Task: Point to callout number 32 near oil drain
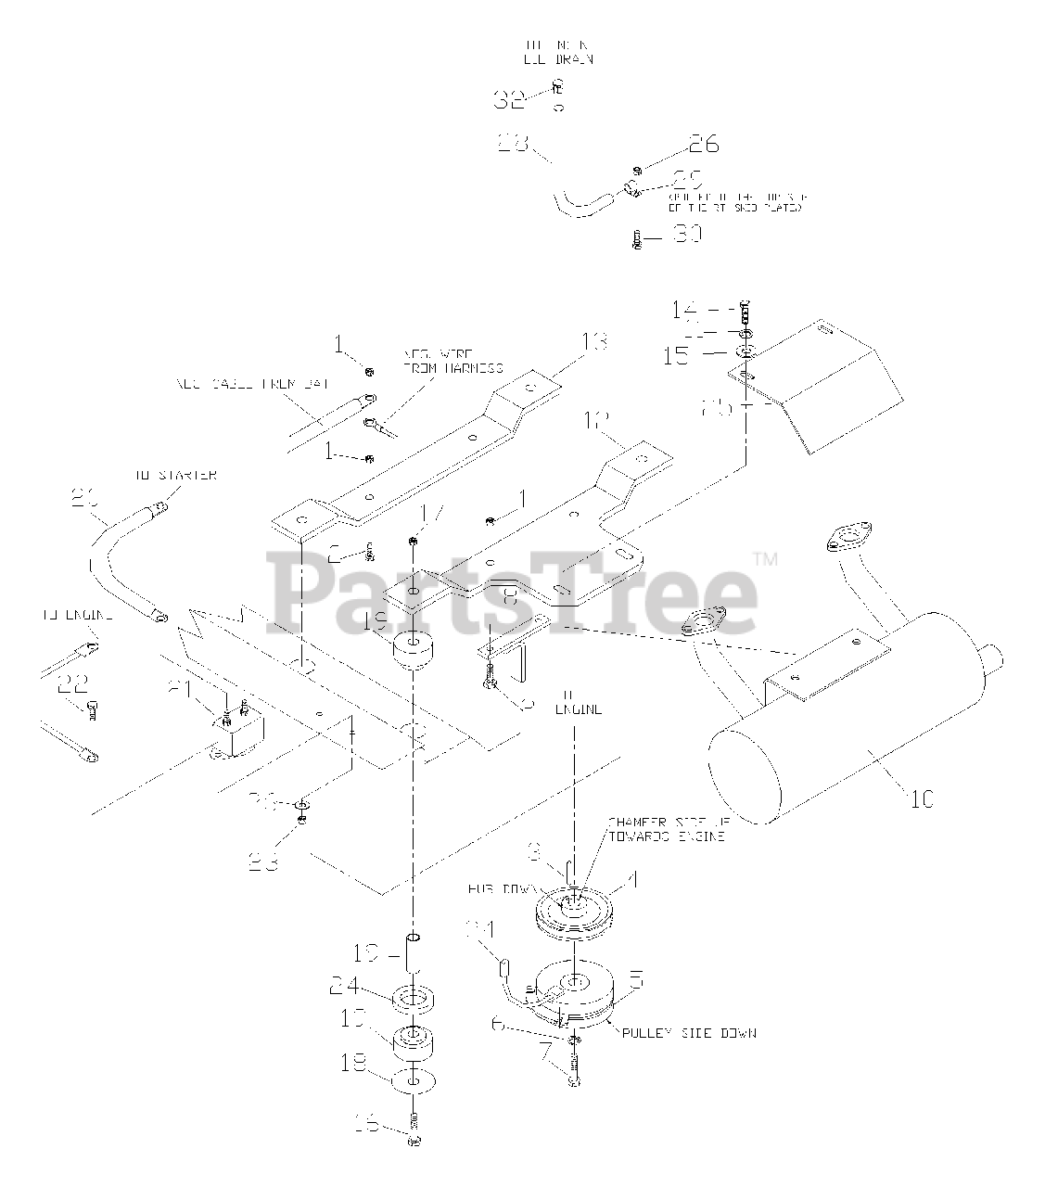pos(510,99)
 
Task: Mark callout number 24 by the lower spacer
pos(369,987)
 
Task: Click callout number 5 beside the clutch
pos(637,979)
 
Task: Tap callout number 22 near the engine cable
pos(72,684)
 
